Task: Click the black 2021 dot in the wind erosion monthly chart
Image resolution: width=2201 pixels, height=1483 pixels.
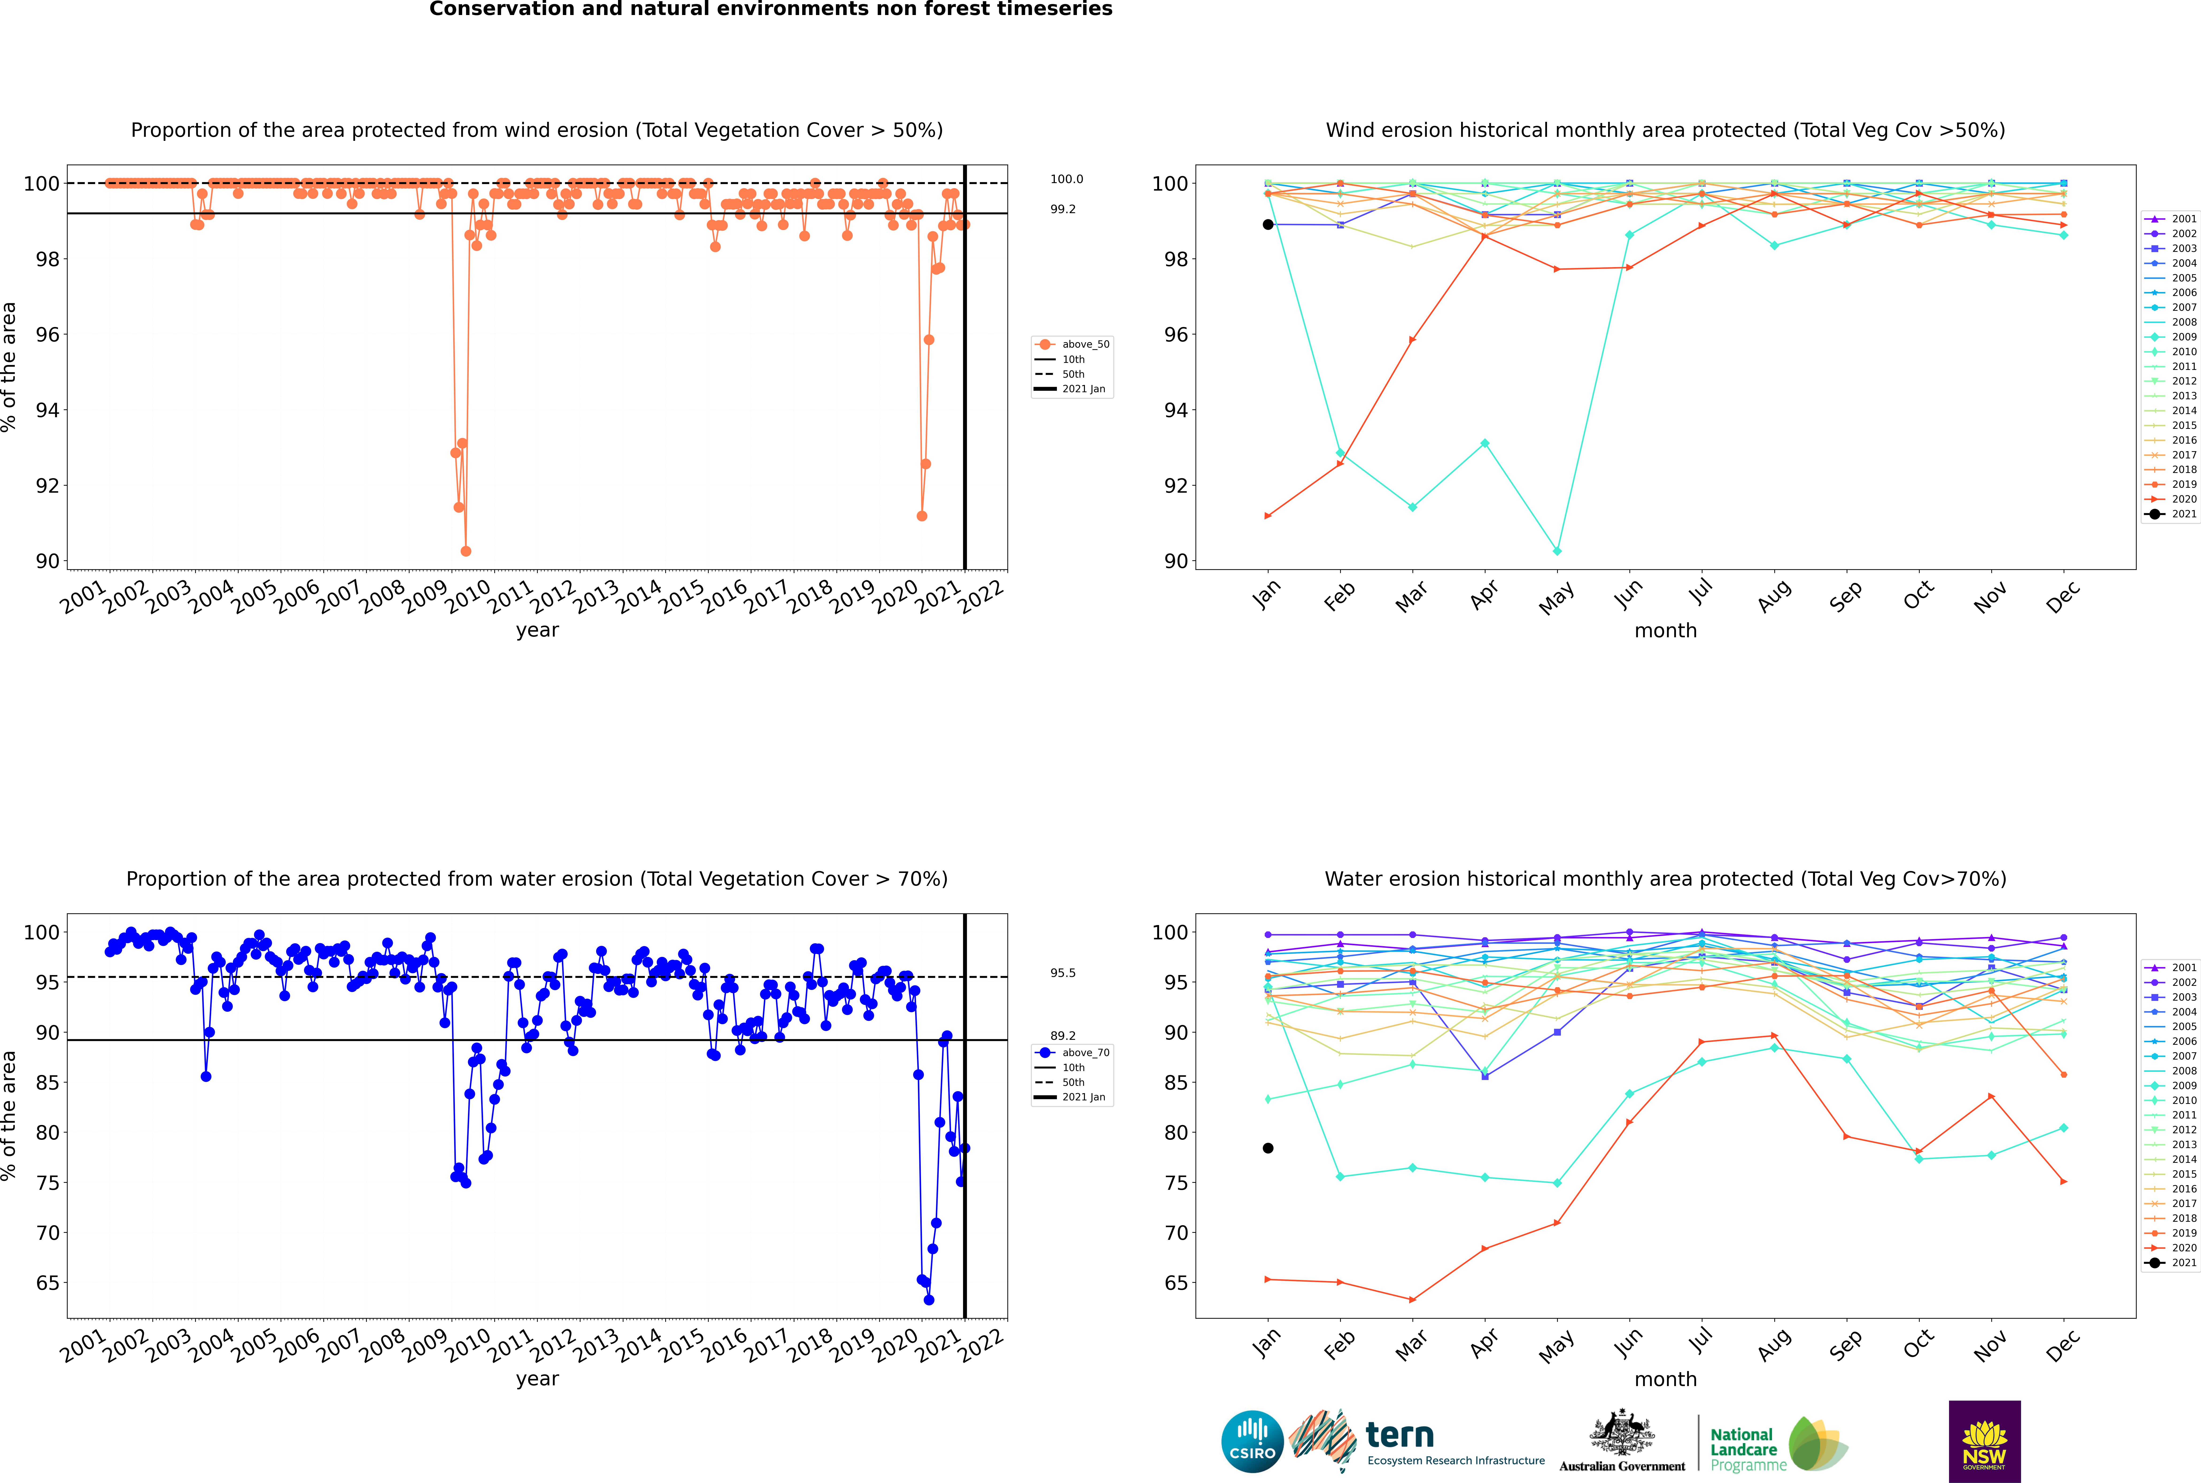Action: (1268, 224)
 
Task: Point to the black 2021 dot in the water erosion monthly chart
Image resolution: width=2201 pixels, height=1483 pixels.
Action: (1268, 1148)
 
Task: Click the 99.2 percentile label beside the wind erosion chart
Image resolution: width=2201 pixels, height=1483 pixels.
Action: (1063, 209)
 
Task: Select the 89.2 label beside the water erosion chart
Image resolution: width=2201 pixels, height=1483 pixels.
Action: (1063, 1036)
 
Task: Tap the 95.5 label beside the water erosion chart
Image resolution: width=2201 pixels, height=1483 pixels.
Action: (1063, 972)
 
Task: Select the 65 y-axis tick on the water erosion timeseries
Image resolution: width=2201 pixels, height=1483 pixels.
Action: (47, 1283)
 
